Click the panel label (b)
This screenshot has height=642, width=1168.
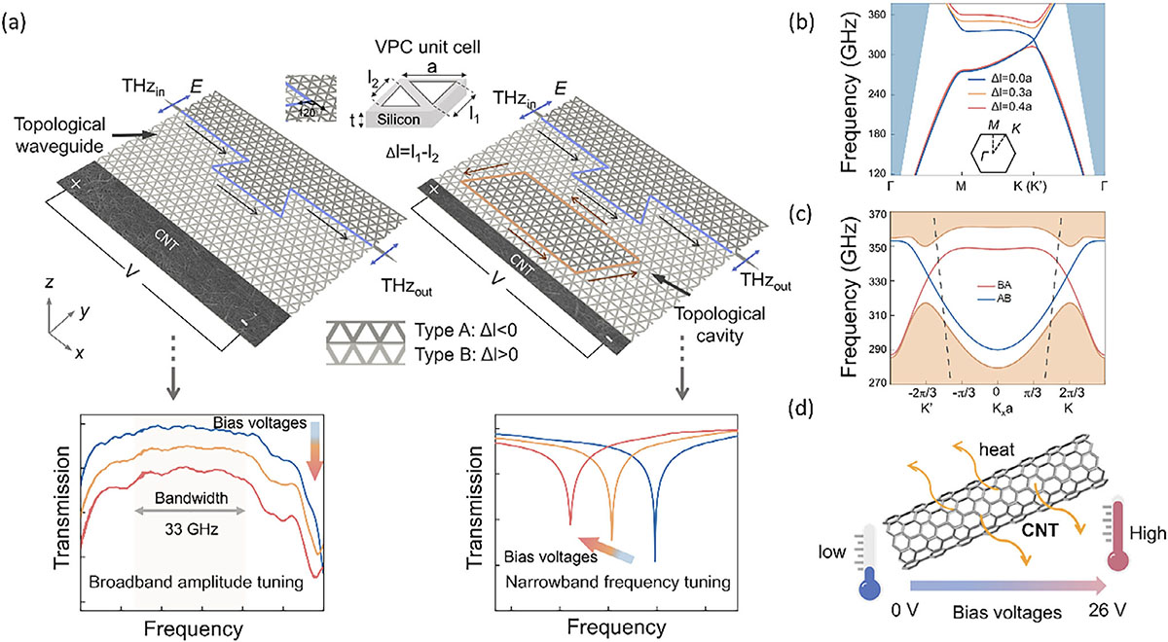click(802, 23)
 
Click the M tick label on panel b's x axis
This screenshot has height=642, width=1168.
click(961, 186)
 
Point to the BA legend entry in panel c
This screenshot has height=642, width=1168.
click(991, 286)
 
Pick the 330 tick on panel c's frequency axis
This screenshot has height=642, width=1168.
click(878, 281)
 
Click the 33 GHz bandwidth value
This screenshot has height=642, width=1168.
click(192, 529)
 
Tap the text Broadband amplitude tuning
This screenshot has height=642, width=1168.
click(196, 582)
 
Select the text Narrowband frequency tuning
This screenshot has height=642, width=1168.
click(618, 582)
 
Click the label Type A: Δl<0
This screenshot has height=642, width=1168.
click(465, 331)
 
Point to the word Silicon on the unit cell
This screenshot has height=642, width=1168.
click(398, 120)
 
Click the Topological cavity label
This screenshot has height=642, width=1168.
click(720, 325)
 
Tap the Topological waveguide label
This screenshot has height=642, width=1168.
click(59, 135)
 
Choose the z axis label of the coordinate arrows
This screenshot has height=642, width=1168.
click(50, 282)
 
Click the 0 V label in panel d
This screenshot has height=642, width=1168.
click(904, 610)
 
